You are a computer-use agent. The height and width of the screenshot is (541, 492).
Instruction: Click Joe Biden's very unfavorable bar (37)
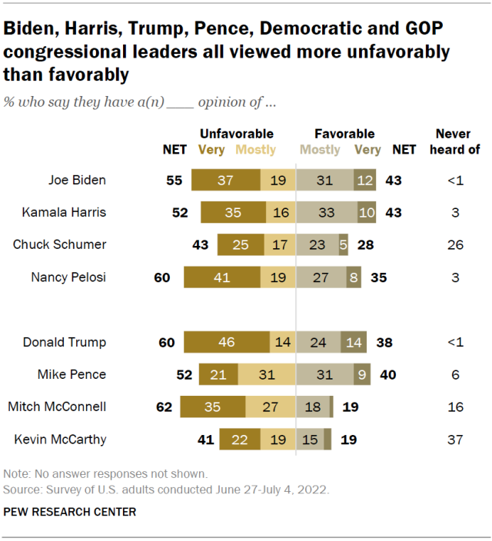coord(226,181)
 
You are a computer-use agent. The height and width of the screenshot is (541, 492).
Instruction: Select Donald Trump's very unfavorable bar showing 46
coord(227,342)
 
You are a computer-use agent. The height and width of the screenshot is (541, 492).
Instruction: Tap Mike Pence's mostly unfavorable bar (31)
coord(266,374)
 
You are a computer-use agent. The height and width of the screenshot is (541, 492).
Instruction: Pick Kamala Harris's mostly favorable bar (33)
coord(327,213)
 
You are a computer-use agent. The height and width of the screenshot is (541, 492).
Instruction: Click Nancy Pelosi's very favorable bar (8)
coord(353,277)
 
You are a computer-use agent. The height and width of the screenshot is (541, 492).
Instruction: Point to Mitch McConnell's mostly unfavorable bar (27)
coord(270,407)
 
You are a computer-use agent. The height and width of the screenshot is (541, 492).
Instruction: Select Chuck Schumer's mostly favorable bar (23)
coord(317,245)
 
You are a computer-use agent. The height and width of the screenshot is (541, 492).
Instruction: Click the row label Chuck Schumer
coord(59,245)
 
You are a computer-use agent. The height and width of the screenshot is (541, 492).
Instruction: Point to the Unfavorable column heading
coord(237,134)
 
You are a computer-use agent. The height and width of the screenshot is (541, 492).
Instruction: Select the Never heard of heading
coord(454,141)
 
